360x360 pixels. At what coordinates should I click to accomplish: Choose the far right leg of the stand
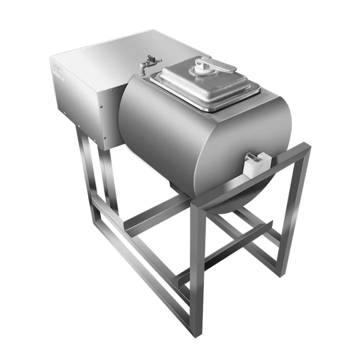pyautogui.click(x=291, y=211)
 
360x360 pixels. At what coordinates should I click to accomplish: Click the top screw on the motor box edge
pyautogui.click(x=112, y=89)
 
